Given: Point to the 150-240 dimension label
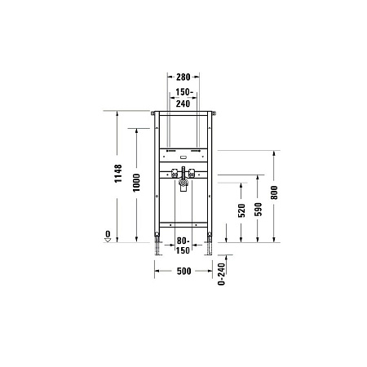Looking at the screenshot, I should [x=184, y=99].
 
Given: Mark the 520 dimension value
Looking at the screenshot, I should [x=242, y=214].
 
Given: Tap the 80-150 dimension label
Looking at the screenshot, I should [x=184, y=245].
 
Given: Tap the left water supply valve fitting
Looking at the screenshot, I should [x=173, y=172].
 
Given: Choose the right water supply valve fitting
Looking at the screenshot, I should [x=196, y=172].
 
